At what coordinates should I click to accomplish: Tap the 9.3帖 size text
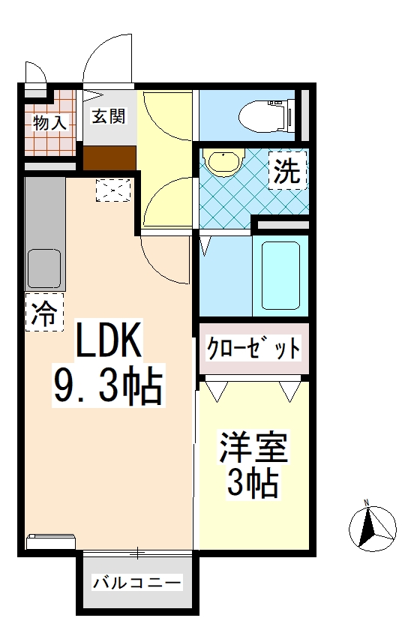106,385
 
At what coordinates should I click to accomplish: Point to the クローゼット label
253,349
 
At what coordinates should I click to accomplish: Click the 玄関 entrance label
109,117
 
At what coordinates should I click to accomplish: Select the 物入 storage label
49,122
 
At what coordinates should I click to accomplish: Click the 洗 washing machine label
287,172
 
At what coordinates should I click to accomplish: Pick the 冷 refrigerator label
44,312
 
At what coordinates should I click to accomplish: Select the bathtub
280,277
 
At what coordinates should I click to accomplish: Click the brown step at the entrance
109,158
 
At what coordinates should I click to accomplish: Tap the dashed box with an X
113,190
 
